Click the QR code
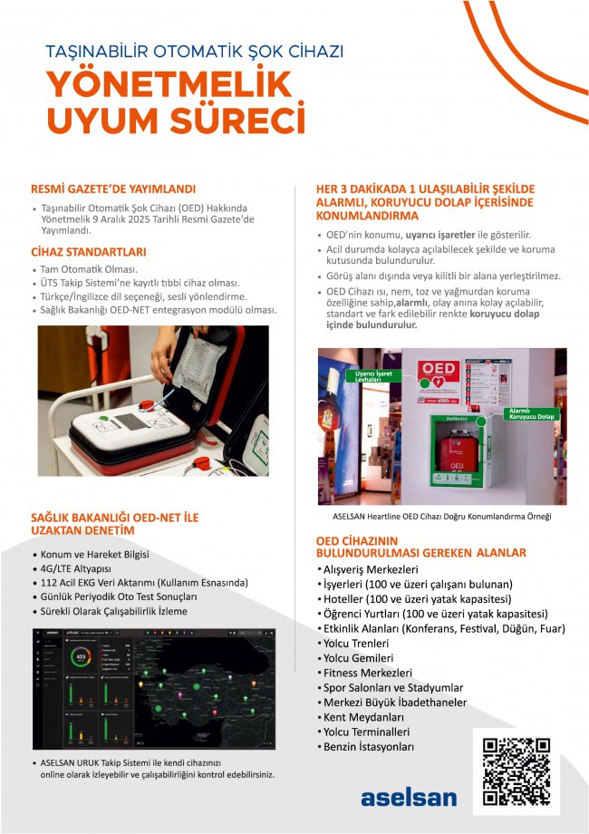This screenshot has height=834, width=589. click(x=516, y=771)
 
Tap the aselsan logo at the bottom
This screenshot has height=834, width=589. click(x=409, y=797)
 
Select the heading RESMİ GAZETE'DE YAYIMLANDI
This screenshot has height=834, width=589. click(x=113, y=189)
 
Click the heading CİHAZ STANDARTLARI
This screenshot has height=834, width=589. click(x=89, y=252)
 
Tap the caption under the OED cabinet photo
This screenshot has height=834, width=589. click(x=442, y=516)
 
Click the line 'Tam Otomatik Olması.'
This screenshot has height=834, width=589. click(x=89, y=270)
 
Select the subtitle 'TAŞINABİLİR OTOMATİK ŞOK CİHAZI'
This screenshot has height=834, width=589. click(x=194, y=52)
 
